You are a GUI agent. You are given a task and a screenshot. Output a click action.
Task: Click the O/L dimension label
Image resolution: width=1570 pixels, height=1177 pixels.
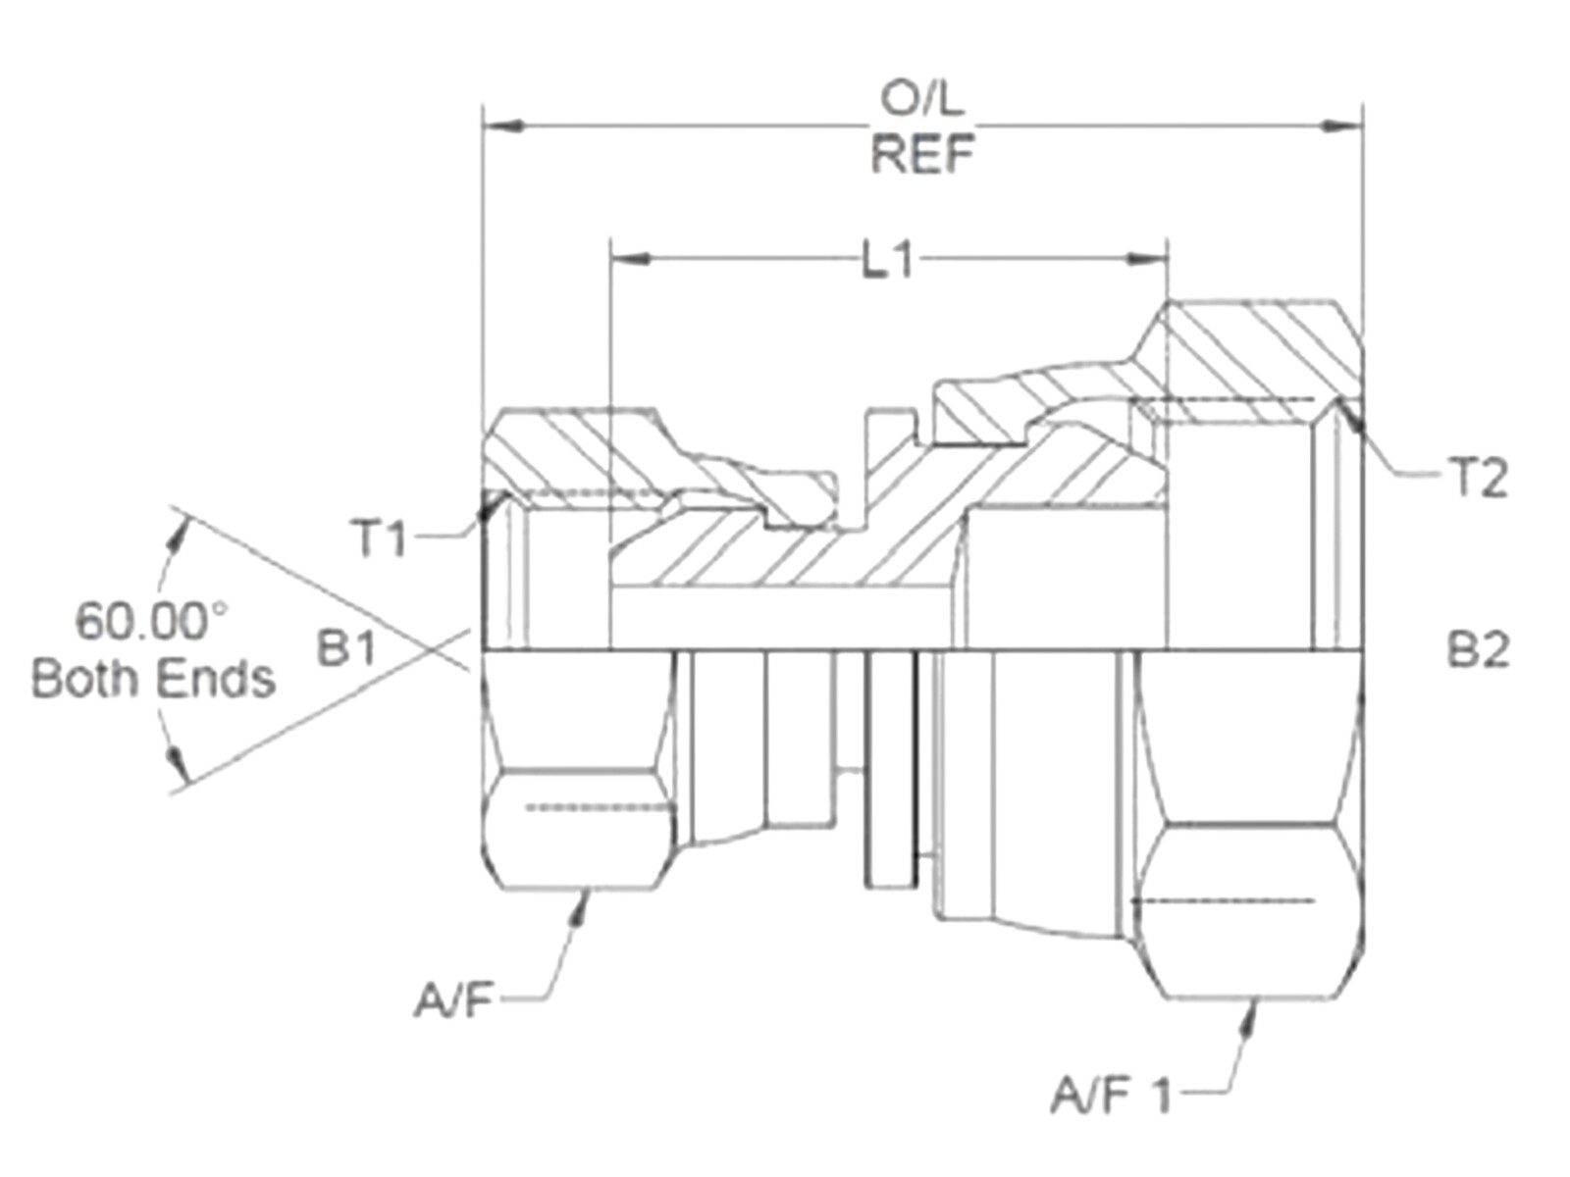click(x=921, y=98)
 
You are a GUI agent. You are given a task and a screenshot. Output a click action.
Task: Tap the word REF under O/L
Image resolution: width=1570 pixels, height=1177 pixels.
click(x=922, y=154)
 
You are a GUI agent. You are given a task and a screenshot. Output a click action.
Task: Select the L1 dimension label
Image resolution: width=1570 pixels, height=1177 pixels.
click(x=888, y=261)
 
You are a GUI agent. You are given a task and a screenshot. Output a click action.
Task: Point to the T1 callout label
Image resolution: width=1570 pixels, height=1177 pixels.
click(x=379, y=538)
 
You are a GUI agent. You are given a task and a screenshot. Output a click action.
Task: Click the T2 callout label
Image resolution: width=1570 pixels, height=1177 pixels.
click(x=1478, y=479)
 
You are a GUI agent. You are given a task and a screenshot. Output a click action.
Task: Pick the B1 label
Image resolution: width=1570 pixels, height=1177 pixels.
click(x=346, y=648)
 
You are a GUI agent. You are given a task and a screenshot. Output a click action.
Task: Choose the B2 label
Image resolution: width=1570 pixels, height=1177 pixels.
click(x=1478, y=650)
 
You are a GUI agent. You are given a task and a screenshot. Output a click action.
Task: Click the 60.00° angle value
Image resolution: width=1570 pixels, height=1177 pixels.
click(x=152, y=622)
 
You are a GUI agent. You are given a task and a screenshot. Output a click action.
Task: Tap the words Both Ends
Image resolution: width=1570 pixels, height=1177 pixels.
click(x=153, y=679)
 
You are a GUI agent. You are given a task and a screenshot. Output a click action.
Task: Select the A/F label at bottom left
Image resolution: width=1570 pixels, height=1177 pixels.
click(x=451, y=1002)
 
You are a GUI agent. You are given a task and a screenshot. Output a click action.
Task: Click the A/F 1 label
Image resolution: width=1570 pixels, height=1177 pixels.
click(x=1111, y=1095)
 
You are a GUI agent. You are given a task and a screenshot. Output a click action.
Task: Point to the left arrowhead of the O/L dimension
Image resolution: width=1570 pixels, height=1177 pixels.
click(x=501, y=127)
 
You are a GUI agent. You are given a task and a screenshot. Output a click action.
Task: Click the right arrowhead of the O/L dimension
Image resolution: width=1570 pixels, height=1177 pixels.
click(x=1343, y=127)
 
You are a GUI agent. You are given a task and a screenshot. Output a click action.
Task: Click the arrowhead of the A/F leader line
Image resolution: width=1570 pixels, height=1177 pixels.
click(x=583, y=904)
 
